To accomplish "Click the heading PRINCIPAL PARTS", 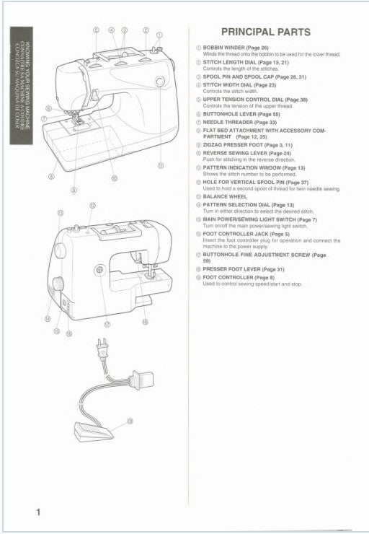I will click(x=266, y=32).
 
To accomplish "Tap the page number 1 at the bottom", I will click(x=37, y=512).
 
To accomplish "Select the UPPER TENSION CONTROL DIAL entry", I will click(x=249, y=99).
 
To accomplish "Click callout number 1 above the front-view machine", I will click(x=160, y=33).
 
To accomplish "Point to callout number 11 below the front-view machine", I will click(x=160, y=165).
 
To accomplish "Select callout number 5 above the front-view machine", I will click(x=97, y=30).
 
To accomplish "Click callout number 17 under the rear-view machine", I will click(x=107, y=323).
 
